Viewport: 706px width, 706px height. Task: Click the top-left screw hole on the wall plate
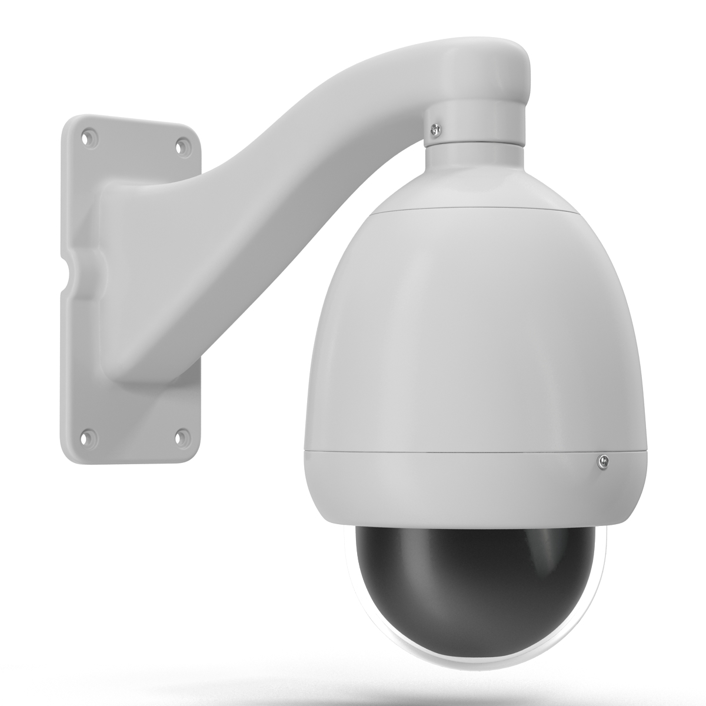pos(88,137)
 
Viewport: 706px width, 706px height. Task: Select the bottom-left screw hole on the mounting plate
pos(88,437)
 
